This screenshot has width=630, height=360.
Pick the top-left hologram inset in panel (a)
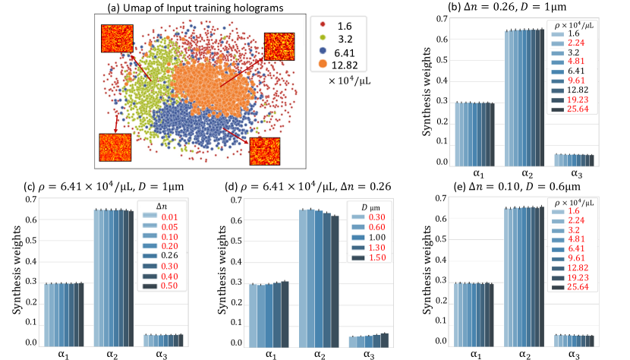click(x=117, y=39)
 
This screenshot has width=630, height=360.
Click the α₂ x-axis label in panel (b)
click(x=526, y=175)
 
